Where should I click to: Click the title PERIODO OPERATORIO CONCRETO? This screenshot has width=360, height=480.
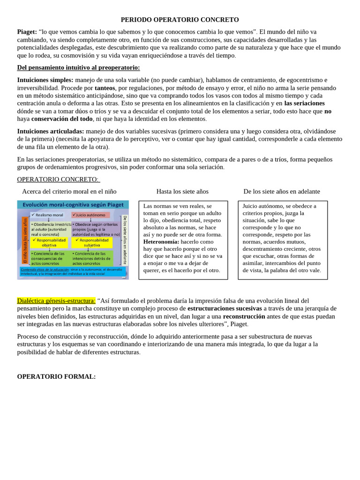point(180,20)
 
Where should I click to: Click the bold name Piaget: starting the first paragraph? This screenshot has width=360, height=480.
point(27,31)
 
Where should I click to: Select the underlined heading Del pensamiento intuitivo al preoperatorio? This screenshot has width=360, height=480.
point(78,67)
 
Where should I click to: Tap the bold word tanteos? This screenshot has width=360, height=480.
point(105,88)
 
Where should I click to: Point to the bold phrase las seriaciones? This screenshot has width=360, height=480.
point(304,103)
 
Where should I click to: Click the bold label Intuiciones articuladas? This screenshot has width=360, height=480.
point(51,131)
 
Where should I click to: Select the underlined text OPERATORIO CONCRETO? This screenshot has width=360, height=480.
point(58,179)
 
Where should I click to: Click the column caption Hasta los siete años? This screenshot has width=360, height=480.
point(182,191)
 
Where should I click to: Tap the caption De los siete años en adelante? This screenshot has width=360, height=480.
point(282,191)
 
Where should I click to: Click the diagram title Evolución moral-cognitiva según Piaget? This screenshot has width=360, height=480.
point(73,204)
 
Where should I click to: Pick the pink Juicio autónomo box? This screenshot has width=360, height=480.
point(90,215)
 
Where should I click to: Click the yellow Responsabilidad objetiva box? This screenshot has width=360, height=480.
point(50,242)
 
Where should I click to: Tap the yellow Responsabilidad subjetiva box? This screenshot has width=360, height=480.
point(92,242)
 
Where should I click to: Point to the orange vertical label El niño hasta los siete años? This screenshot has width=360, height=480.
point(25,242)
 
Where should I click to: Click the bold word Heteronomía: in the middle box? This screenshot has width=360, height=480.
point(161,241)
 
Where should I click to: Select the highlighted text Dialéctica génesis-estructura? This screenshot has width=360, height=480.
point(56,300)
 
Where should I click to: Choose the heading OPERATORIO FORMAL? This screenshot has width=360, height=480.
point(56,376)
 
